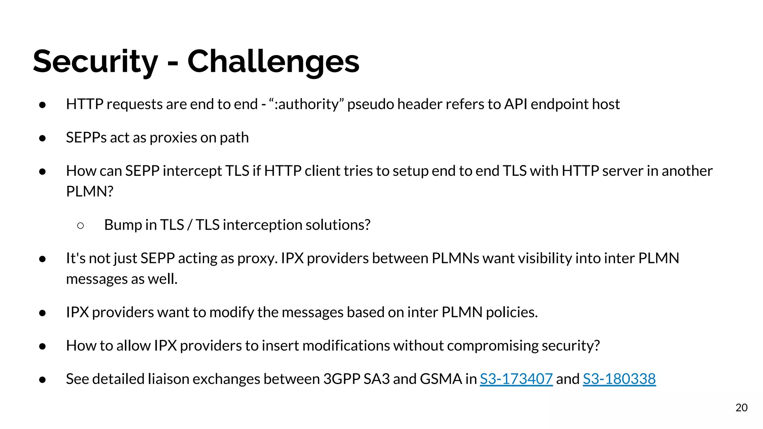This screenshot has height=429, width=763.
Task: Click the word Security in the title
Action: (x=95, y=61)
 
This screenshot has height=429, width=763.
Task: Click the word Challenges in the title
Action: (x=273, y=61)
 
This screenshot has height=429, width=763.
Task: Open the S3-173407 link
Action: (x=516, y=379)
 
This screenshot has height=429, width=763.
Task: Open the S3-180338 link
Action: (x=619, y=379)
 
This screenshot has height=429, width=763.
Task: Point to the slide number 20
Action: (x=741, y=407)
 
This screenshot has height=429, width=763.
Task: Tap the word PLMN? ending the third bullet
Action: (x=89, y=191)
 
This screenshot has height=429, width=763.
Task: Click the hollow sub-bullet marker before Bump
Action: (x=80, y=225)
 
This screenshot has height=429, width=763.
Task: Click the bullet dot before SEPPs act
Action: (x=42, y=138)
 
